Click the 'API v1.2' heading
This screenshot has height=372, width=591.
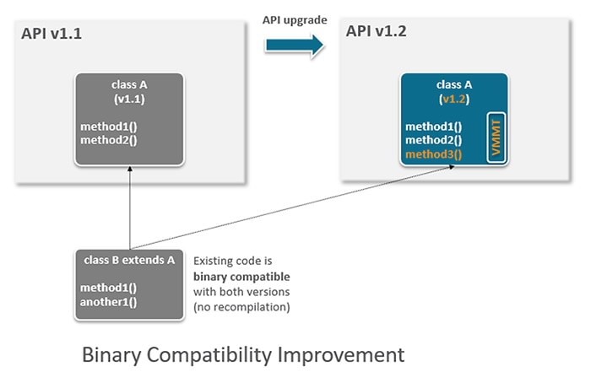coord(377,31)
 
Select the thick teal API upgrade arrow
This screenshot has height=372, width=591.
coord(294,45)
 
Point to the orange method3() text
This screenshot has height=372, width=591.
coord(433,154)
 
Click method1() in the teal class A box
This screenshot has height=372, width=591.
coord(433,127)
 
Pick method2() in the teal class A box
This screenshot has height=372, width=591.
coord(433,140)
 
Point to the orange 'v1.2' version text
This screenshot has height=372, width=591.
coord(454,99)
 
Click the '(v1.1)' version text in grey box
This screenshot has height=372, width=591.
coord(129,99)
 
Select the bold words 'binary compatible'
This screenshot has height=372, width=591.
coord(241,277)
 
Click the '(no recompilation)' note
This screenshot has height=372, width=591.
coord(241,307)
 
